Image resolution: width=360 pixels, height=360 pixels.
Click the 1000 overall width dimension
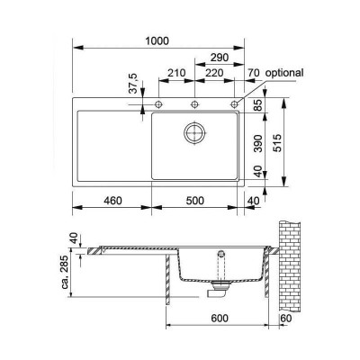[x=157, y=40]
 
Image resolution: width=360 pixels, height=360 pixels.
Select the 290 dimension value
[x=220, y=58]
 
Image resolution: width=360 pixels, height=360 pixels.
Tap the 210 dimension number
[x=176, y=73]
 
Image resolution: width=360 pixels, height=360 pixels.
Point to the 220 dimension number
[x=214, y=73]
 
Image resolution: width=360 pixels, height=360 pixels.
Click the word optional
[x=284, y=73]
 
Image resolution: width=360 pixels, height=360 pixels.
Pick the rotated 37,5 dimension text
[x=133, y=84]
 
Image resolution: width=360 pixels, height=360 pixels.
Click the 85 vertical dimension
[x=258, y=105]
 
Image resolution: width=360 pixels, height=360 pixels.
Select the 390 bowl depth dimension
[x=258, y=143]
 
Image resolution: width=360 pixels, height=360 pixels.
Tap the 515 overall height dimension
[x=278, y=143]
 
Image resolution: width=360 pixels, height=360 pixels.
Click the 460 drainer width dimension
[x=112, y=201]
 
